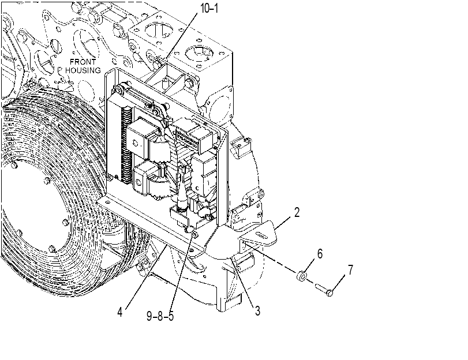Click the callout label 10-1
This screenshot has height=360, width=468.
(209, 8)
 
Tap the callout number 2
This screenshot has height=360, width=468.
(297, 212)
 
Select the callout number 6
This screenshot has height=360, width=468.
(320, 254)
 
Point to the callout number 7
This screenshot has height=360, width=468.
(350, 269)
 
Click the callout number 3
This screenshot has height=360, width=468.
(257, 311)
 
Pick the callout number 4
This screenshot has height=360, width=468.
(119, 312)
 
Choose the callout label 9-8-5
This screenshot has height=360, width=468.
(160, 316)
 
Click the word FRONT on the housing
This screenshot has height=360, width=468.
(83, 62)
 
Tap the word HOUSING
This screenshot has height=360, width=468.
(83, 70)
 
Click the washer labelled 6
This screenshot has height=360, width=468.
(301, 276)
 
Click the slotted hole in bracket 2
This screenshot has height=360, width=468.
(261, 235)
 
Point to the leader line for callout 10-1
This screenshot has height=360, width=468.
(181, 36)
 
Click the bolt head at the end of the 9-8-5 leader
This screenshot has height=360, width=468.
(194, 235)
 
